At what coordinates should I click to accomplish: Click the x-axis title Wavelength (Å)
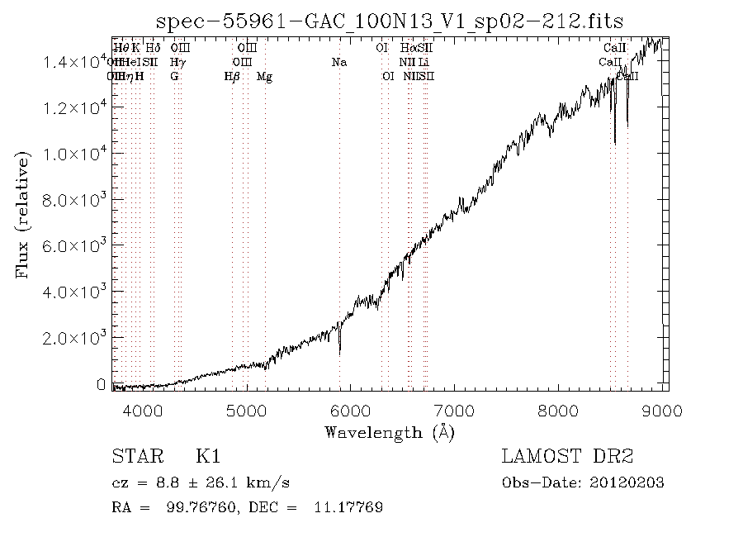[390, 431]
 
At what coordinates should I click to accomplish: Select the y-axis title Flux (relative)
[23, 214]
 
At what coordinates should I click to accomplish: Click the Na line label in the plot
[338, 62]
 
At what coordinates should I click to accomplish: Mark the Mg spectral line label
[264, 76]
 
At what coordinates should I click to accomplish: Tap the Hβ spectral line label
[232, 76]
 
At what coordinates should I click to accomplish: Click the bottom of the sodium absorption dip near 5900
[340, 353]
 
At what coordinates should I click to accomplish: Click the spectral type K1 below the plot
[207, 457]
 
